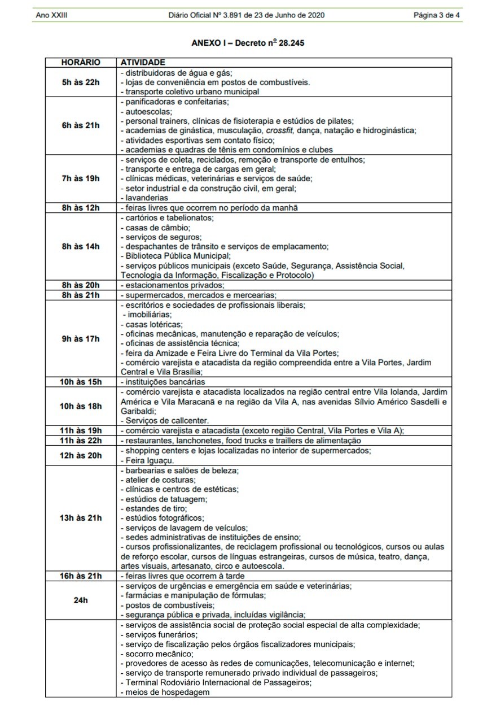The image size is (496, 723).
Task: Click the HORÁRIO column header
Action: (81, 62)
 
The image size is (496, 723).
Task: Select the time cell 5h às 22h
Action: (81, 82)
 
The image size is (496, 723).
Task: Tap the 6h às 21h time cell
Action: (81, 125)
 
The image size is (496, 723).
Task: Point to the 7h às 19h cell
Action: (81, 178)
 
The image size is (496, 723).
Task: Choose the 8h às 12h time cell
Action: (81, 208)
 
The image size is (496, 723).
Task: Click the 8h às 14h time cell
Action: (81, 246)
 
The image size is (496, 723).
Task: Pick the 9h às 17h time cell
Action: (81, 339)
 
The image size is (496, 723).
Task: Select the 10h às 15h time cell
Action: (81, 382)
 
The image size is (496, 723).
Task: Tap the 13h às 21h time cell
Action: (81, 518)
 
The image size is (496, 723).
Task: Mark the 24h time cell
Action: (81, 600)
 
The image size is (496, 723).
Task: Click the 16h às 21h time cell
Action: (81, 576)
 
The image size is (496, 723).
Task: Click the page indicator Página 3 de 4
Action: (437, 15)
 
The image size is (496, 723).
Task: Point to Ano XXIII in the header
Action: (51, 15)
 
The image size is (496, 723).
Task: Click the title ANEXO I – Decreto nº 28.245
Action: (248, 42)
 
